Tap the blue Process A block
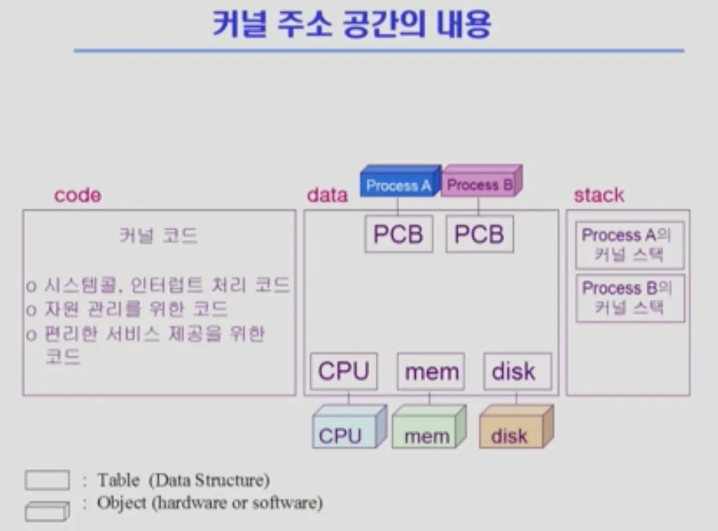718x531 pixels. coord(398,184)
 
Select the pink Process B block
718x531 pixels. coord(480,184)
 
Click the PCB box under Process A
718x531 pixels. coord(398,234)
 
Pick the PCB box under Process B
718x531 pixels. coord(480,234)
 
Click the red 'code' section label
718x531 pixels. coord(78,195)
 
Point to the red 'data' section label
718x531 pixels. coord(327,195)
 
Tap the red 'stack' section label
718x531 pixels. coord(599,195)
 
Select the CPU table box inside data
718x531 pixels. coord(344,371)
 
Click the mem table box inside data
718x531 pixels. coord(431,371)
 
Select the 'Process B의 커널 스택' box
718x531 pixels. coord(629,298)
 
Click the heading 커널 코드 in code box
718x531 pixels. coord(159,236)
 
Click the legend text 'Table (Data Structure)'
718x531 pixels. coord(183,480)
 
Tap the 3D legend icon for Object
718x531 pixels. coord(47,510)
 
